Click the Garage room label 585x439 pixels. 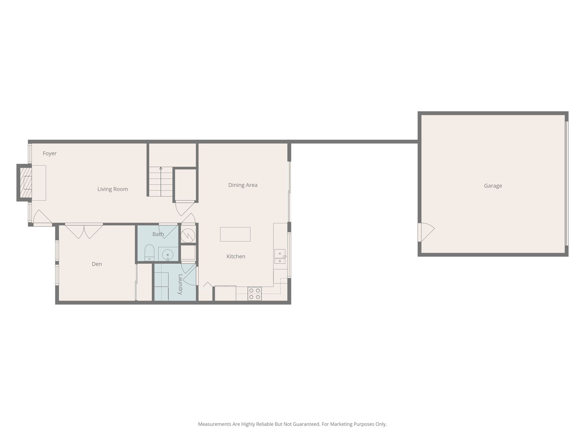[493, 186]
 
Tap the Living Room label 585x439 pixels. [113, 189]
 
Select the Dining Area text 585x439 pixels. [243, 185]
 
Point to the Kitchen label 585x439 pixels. [236, 256]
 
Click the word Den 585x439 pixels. [97, 264]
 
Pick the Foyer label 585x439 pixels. [50, 153]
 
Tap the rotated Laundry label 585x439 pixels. [180, 284]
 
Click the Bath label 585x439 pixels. [158, 234]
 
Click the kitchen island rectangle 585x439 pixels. [235, 234]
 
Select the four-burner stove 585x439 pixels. [255, 294]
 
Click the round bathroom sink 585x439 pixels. [168, 254]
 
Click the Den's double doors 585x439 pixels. [84, 231]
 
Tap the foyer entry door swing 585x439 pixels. [43, 218]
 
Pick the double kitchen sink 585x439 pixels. [280, 257]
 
